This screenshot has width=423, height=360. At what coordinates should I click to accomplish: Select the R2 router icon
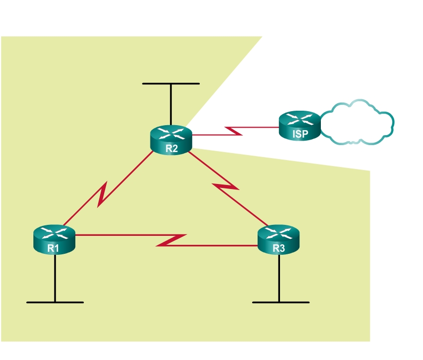click(x=171, y=139)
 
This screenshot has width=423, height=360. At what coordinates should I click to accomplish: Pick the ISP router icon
click(x=300, y=126)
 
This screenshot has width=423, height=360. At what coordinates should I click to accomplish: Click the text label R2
click(x=172, y=148)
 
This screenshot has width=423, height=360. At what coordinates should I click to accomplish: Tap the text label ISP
click(x=300, y=134)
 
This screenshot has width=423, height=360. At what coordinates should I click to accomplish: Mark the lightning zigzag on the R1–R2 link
click(x=103, y=194)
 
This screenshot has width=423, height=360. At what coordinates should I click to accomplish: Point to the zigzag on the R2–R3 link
click(x=225, y=187)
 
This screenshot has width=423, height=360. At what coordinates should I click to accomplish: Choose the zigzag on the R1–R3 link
click(x=172, y=240)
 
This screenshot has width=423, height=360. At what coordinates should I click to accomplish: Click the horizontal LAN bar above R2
click(x=171, y=83)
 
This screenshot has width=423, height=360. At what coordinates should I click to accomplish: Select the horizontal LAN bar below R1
click(x=55, y=302)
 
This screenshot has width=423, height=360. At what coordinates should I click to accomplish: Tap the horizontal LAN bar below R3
click(x=281, y=302)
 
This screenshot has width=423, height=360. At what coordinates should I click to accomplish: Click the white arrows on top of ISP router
click(x=300, y=119)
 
